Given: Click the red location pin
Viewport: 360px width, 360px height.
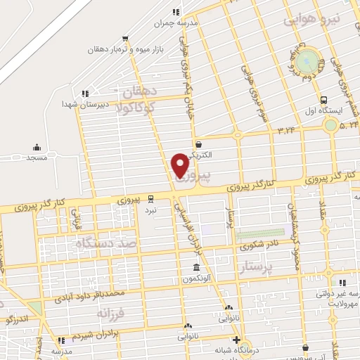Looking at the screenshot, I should pyautogui.click(x=180, y=165).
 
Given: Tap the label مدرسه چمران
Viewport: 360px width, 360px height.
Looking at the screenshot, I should pyautogui.click(x=179, y=22).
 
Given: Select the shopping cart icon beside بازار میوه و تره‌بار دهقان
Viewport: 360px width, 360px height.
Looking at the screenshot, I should pyautogui.click(x=125, y=39).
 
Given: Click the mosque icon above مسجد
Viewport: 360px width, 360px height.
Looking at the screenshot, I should pyautogui.click(x=37, y=148).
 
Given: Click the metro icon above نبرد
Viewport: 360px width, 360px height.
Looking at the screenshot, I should pyautogui.click(x=151, y=198).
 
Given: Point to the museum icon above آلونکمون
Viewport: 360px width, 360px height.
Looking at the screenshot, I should pyautogui.click(x=197, y=268).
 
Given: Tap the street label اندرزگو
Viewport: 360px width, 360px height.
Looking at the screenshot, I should pyautogui.click(x=16, y=319).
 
